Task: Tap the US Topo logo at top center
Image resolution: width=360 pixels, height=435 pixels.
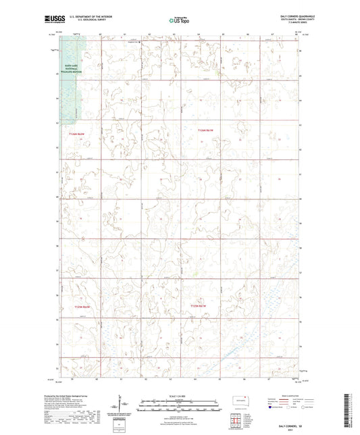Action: pyautogui.click(x=176, y=21)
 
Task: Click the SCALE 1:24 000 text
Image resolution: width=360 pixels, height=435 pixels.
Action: pyautogui.click(x=180, y=396)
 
